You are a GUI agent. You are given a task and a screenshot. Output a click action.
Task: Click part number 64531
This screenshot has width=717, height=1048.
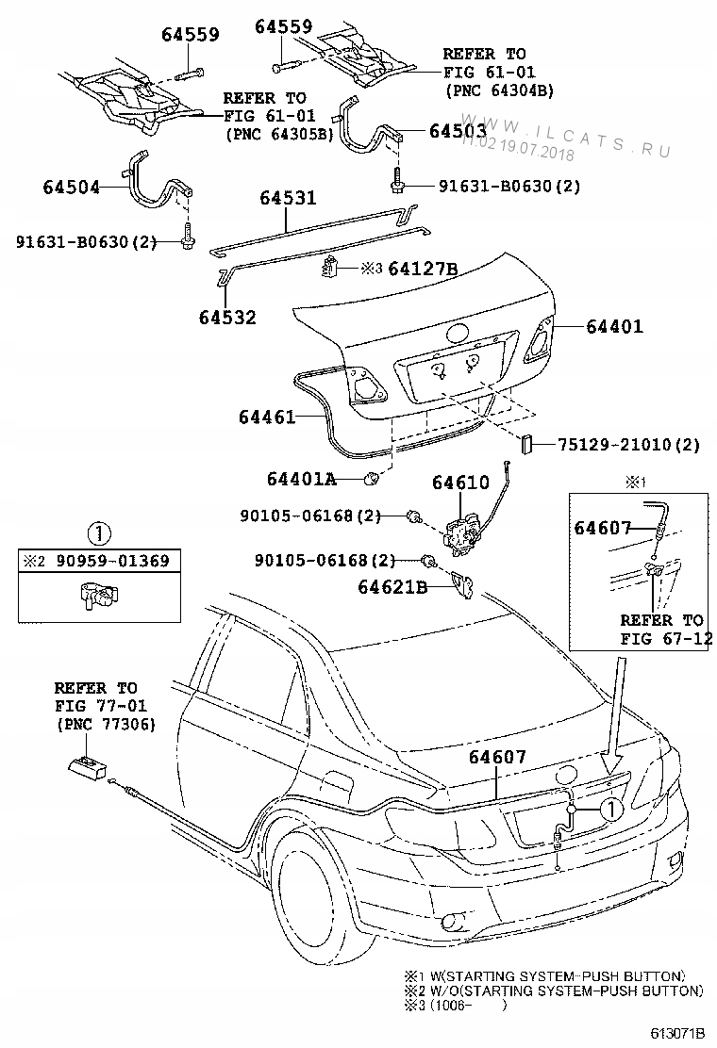(288, 198)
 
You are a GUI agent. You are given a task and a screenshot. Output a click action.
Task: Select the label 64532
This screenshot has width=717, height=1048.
(227, 318)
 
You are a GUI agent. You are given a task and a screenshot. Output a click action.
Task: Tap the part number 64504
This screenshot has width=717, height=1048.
(71, 187)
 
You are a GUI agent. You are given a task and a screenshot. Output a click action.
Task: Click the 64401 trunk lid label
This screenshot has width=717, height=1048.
(614, 327)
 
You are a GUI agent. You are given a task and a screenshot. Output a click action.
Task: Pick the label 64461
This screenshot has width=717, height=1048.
(268, 416)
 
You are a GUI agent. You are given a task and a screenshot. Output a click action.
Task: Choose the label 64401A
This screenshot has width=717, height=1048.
(301, 479)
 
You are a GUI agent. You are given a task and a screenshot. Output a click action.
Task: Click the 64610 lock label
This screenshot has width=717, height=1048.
(460, 483)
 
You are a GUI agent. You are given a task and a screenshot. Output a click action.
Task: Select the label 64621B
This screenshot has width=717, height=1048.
(392, 588)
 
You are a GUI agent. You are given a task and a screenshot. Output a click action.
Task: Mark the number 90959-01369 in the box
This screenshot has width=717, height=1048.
(110, 562)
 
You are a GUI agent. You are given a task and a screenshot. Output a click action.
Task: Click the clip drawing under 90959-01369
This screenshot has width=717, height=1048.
(97, 597)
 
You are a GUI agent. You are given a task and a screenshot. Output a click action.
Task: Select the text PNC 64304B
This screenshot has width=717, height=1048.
(498, 90)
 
